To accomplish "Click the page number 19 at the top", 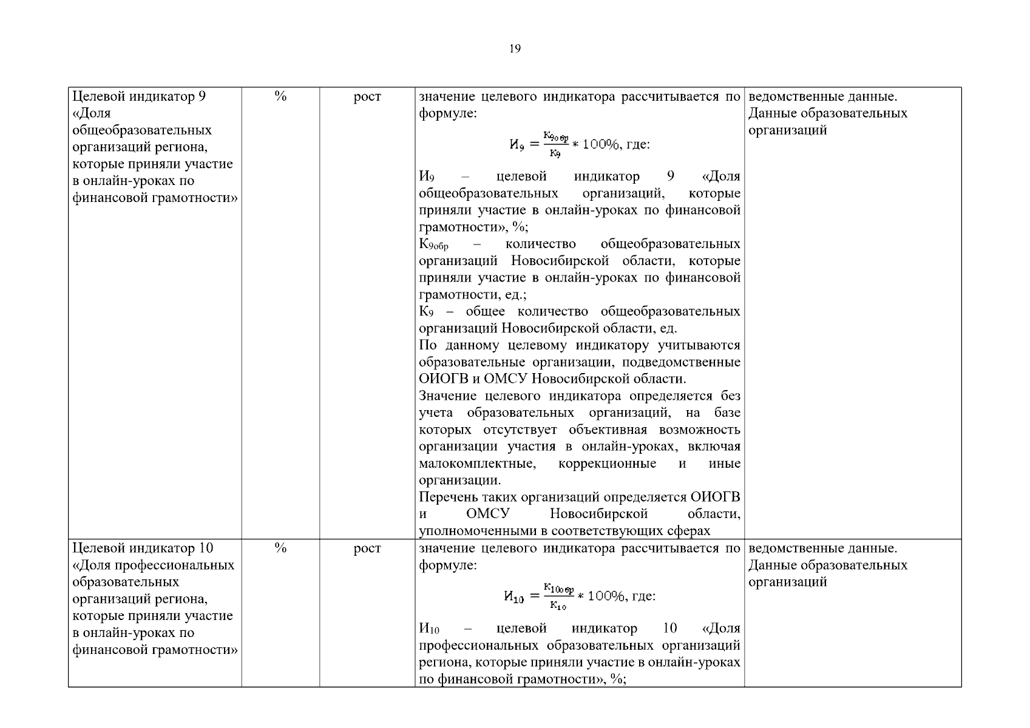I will pos(515,49).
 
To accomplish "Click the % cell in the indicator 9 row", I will pos(280,96).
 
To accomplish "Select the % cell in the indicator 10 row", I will pos(280,548).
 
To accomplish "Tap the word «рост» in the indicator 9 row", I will pos(367,96).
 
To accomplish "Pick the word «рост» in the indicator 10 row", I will pos(367,548).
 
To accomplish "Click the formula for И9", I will pos(579,144).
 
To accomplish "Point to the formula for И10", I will pos(579,596).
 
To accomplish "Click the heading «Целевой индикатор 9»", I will pos(139,96).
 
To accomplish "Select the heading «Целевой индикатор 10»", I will pos(143,548).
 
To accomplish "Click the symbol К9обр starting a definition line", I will pos(433,244).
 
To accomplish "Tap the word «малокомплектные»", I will pos(477,464).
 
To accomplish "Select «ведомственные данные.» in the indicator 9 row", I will pos(822,96).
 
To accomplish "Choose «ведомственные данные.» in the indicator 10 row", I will pos(822,548).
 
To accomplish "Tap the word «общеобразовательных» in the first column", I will pos(142,130).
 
